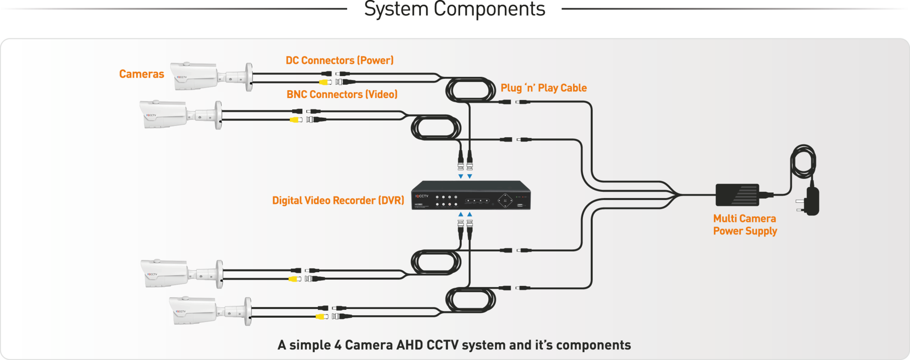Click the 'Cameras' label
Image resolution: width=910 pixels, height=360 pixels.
coord(141,74)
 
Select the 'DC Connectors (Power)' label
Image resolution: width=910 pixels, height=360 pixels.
coord(339,60)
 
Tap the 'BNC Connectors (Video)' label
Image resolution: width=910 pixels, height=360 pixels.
coord(342,94)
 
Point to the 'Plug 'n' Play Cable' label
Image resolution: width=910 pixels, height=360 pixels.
coord(543,88)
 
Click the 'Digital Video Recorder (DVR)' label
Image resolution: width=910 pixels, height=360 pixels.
coord(338,200)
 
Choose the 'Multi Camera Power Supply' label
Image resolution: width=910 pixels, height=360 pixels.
coord(745,224)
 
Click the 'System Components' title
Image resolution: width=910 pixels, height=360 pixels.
coord(454,9)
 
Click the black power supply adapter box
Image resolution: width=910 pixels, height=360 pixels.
coord(737,195)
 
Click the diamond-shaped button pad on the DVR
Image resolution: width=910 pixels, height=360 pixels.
coord(505,200)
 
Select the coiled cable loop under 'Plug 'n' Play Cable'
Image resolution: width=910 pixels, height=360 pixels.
coord(470,90)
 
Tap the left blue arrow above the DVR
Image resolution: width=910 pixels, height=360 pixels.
coord(461,176)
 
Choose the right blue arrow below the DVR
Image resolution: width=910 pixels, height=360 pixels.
coord(470,214)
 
